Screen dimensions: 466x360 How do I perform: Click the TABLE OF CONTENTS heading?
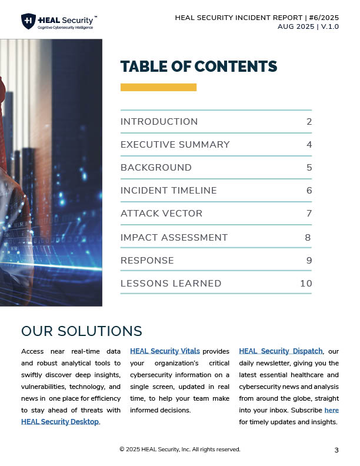(x=198, y=66)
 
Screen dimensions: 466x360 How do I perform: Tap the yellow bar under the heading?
(x=158, y=87)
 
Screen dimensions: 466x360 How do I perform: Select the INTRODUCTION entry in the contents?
(x=159, y=122)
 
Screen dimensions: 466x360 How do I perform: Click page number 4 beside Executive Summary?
(x=309, y=145)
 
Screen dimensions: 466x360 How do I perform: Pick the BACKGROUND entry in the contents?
(x=156, y=168)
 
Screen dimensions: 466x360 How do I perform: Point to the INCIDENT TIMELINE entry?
(x=168, y=191)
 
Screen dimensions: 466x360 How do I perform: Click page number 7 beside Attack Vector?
(x=309, y=214)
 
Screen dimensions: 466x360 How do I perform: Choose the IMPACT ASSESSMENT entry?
(x=174, y=238)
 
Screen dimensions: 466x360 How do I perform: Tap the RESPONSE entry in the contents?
(x=147, y=261)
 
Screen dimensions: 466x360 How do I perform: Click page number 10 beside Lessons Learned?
(x=306, y=284)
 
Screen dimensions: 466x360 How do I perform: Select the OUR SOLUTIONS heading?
(x=81, y=331)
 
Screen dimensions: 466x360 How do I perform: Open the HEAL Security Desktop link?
(x=60, y=422)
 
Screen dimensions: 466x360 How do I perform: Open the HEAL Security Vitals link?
(x=165, y=351)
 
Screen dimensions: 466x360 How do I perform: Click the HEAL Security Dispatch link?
(x=281, y=351)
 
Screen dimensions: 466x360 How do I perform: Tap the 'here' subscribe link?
(x=331, y=410)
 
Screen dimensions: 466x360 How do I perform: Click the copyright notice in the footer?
(x=179, y=450)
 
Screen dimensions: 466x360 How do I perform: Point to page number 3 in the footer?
(x=336, y=450)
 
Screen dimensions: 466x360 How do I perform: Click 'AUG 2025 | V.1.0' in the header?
(x=308, y=26)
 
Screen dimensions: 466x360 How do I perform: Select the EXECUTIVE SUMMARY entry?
(x=175, y=145)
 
